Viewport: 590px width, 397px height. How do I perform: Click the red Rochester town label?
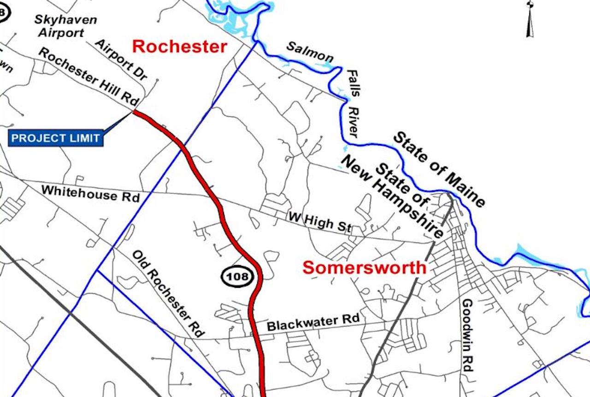180,47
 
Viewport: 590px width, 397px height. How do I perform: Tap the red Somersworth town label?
365,267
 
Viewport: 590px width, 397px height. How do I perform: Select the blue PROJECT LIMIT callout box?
56,138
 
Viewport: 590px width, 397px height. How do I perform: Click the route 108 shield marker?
238,277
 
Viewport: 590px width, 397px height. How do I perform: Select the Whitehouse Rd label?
90,193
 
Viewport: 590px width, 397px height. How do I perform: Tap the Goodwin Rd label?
467,335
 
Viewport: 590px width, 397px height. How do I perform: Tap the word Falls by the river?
354,83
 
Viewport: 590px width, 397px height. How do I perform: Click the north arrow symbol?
530,18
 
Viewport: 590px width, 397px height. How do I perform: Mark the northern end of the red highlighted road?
134,111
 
